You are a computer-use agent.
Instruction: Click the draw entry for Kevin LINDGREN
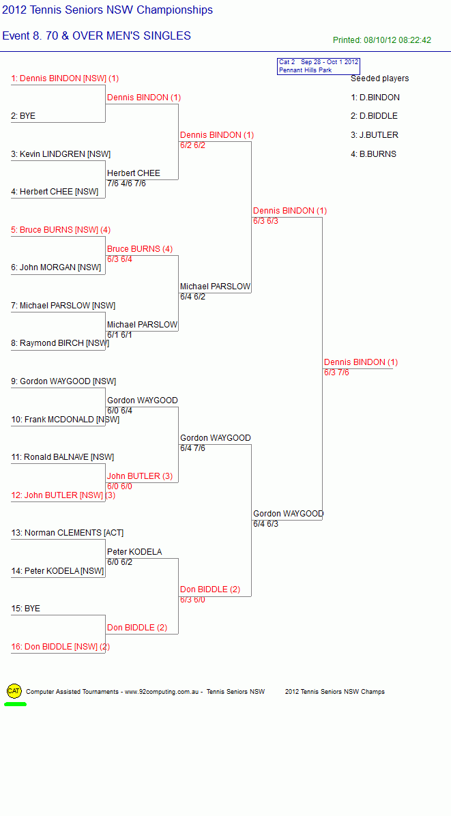tap(61, 154)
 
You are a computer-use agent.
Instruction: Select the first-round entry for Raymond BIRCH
tap(60, 343)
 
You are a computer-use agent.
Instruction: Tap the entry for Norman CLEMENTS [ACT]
tap(67, 533)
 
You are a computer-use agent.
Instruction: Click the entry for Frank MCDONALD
tap(65, 420)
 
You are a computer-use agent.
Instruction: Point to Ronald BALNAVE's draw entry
tap(62, 457)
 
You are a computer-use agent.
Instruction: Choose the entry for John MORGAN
tap(56, 267)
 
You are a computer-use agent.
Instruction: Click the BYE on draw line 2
tap(23, 116)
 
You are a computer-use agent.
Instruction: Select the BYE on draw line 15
tap(25, 609)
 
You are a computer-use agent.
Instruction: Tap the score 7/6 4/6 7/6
tap(126, 183)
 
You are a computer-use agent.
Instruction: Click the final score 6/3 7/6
tap(336, 372)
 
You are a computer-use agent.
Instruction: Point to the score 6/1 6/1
tap(119, 334)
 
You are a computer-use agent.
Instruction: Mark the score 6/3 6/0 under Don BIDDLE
tap(192, 600)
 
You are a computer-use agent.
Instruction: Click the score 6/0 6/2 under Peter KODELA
tap(119, 562)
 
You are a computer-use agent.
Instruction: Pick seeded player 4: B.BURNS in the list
tap(373, 154)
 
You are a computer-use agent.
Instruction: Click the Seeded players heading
tap(380, 78)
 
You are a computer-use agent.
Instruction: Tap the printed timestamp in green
tap(382, 40)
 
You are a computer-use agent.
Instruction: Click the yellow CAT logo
tap(14, 691)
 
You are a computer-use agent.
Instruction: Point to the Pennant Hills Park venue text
tap(306, 70)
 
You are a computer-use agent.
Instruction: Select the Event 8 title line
tap(97, 36)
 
